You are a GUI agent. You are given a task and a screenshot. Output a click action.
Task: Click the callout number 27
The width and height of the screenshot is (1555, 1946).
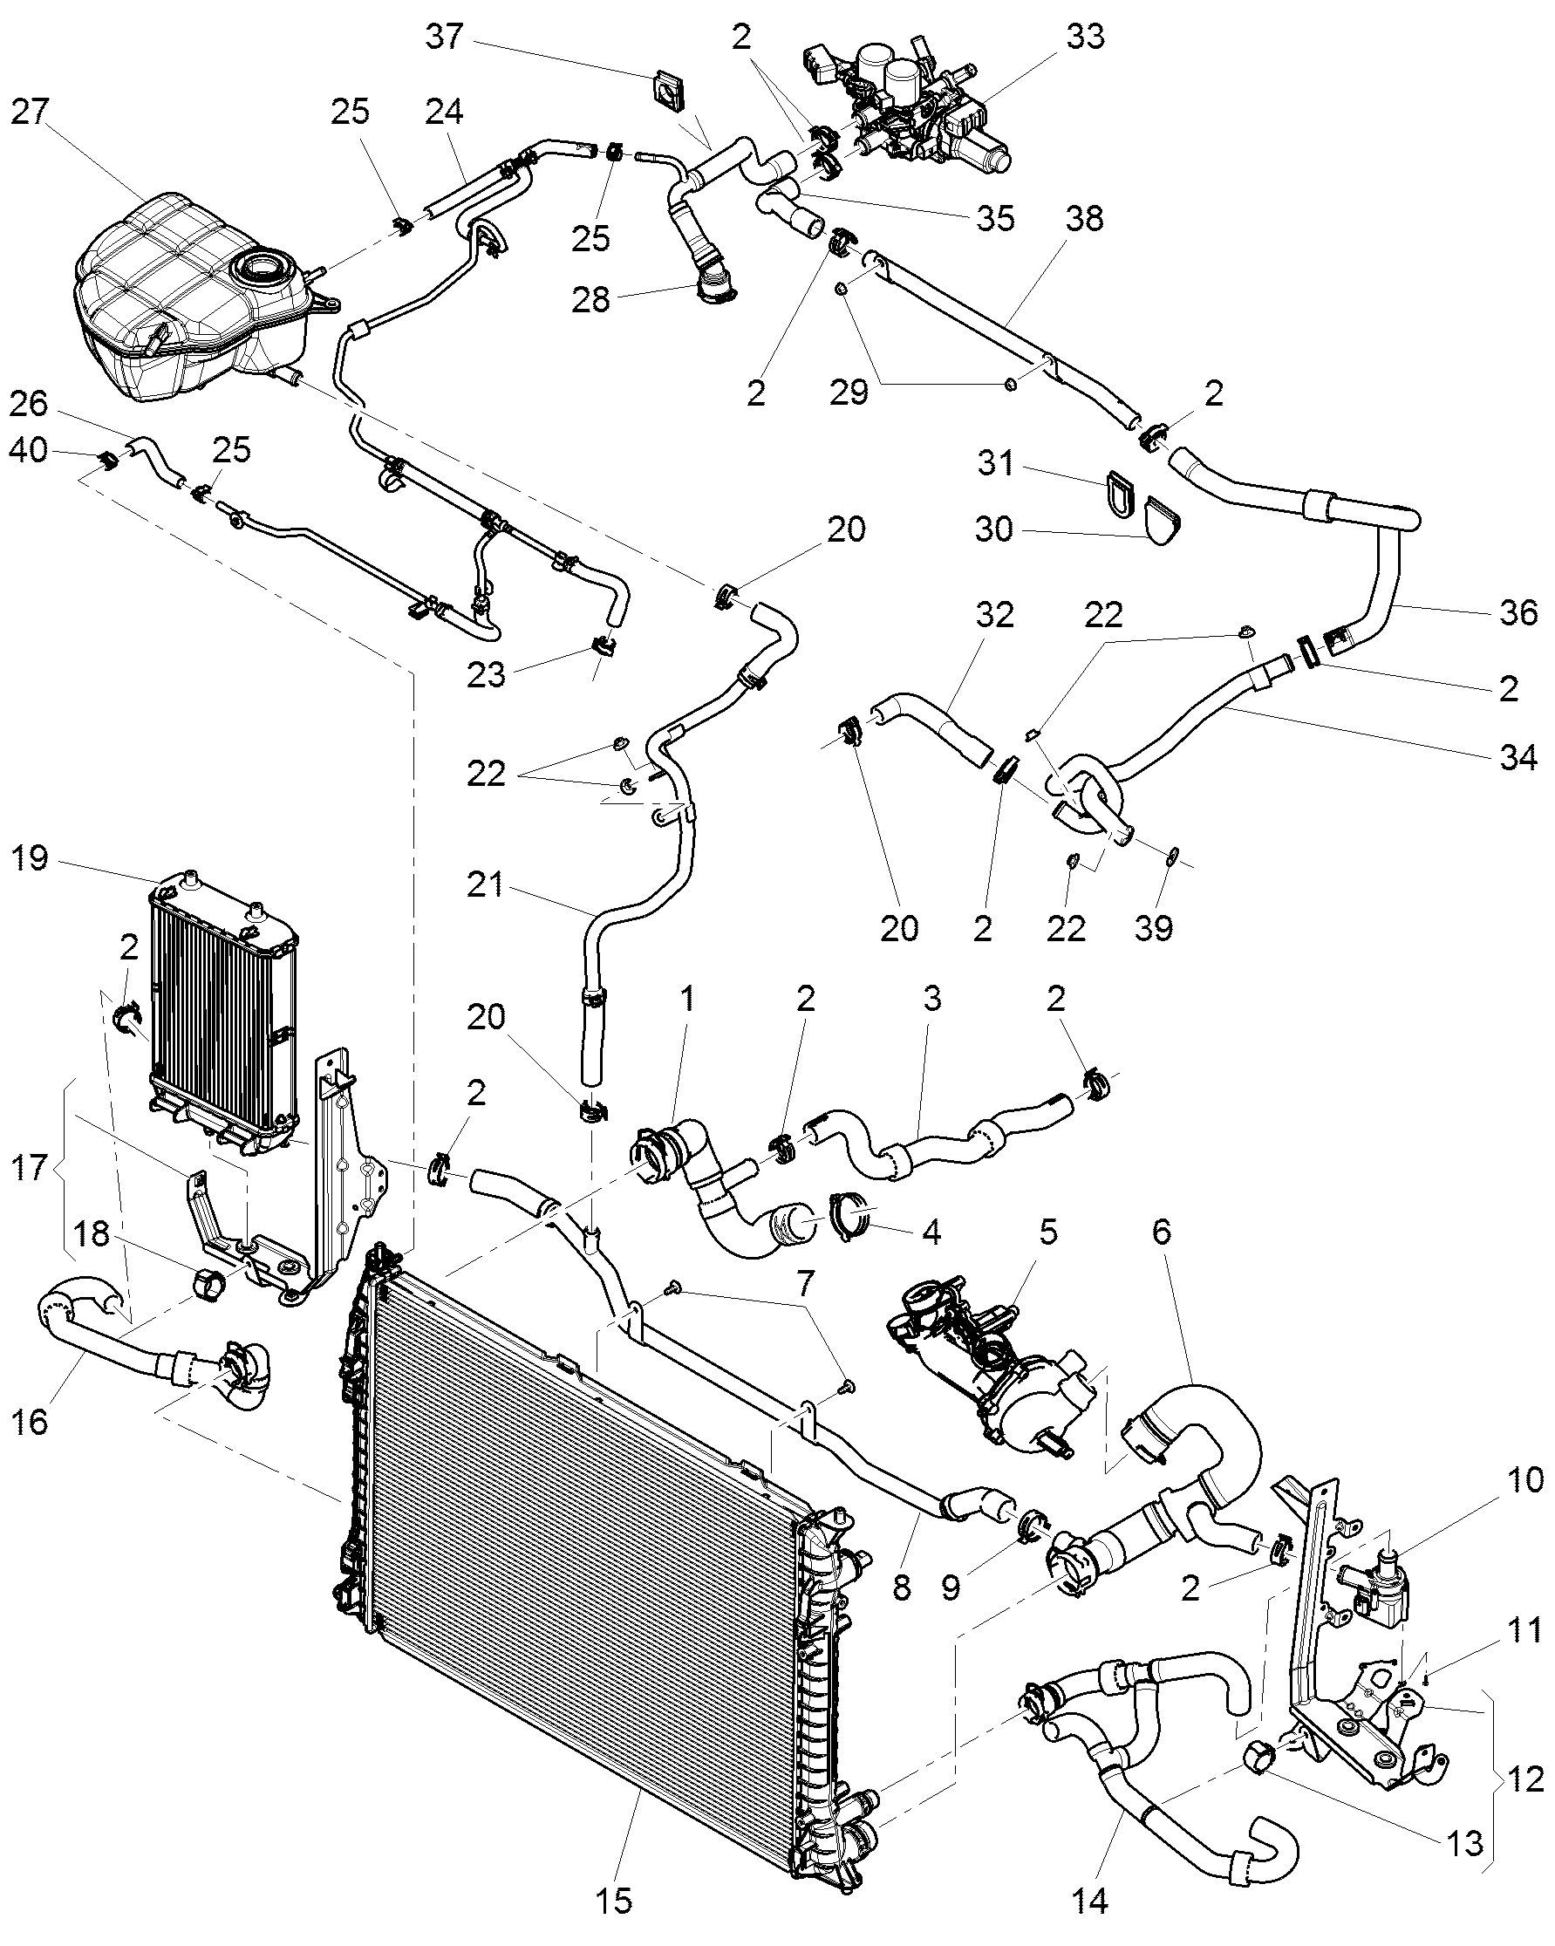tap(31, 113)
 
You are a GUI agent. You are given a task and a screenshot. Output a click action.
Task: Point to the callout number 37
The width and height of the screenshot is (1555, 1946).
tap(444, 37)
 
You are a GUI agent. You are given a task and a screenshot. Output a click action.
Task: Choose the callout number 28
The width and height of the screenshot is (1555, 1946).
tap(591, 299)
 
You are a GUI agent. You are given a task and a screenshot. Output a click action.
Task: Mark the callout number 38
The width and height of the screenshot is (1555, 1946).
tap(1084, 219)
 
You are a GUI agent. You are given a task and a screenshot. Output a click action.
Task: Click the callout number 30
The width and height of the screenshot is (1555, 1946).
tap(994, 529)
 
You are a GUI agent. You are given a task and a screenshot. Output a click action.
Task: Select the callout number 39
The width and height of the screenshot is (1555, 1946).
tap(1154, 927)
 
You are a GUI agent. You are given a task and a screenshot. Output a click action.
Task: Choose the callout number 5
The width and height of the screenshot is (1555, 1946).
tap(1047, 1232)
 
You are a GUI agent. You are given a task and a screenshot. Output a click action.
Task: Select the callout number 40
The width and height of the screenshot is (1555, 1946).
tap(28, 449)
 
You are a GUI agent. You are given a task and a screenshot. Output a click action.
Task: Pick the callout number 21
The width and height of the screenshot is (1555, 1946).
tap(485, 884)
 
